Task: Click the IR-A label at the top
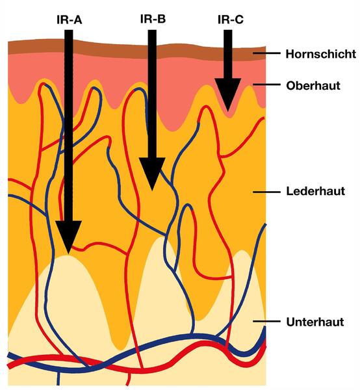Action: point(70,19)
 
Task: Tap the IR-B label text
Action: point(153,19)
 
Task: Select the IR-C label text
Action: point(231,19)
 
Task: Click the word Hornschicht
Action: point(321,54)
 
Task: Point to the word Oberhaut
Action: point(313,86)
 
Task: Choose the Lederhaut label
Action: point(316,191)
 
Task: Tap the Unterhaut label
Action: point(315,322)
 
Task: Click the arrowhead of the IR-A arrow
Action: point(68,237)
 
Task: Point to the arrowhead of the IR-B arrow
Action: point(152,174)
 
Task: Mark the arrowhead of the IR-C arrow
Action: point(228,94)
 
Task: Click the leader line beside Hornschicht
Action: point(266,53)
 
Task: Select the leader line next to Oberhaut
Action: point(266,84)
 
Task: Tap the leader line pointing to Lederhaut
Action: point(266,192)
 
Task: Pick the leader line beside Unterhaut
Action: point(266,321)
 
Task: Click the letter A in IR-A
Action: point(77,20)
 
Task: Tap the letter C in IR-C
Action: point(239,20)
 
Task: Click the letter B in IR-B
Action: point(162,19)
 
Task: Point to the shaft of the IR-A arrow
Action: point(69,125)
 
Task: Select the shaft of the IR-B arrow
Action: point(152,94)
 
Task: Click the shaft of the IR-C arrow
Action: point(228,54)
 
